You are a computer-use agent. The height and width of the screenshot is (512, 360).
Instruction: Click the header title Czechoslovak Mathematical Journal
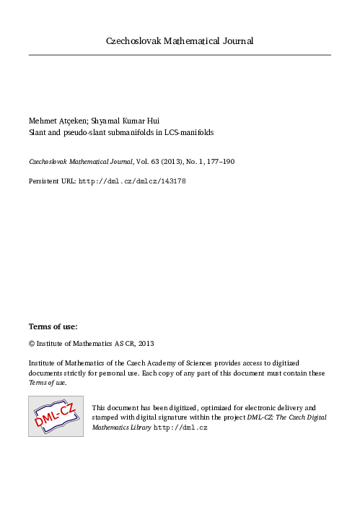click(180, 40)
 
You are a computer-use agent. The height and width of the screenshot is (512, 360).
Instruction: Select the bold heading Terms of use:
click(53, 327)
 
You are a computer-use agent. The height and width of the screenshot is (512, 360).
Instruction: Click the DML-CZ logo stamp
click(56, 416)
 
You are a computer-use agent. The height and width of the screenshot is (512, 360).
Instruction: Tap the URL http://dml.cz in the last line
click(181, 428)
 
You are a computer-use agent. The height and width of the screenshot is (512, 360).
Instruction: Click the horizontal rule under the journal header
click(180, 55)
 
